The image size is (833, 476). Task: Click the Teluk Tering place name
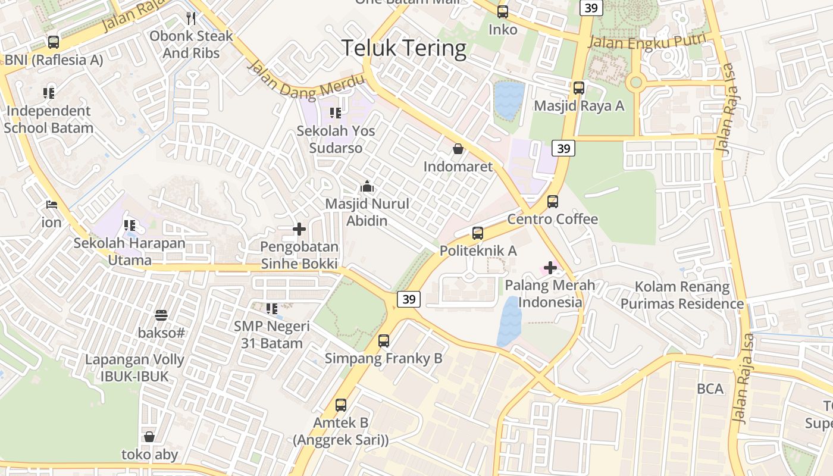coord(404,48)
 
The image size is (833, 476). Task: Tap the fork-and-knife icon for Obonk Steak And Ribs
coord(191,18)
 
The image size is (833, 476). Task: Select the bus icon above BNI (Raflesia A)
coord(54,42)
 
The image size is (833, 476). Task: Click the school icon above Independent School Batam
coord(49,93)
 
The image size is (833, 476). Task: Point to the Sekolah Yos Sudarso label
coord(336,139)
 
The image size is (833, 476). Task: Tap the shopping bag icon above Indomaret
coord(458,149)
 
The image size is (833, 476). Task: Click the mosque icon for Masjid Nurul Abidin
coord(367,187)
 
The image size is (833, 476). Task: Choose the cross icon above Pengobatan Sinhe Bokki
coord(299,229)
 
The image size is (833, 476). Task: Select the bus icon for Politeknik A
coord(478,233)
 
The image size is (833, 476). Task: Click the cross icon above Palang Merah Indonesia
coord(550,268)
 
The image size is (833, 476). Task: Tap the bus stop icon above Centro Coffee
coord(553,202)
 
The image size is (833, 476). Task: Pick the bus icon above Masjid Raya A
coord(579,88)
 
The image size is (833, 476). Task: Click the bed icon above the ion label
coord(52,205)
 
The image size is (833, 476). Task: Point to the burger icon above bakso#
coord(161,315)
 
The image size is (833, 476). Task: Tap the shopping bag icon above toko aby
coord(149,437)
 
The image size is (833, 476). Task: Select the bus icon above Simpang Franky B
coord(384,341)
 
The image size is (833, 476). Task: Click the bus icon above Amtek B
coord(341,405)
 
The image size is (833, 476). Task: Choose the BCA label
coord(710,389)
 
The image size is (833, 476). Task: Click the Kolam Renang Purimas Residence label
coord(682,295)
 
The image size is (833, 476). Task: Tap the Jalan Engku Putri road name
coord(647,42)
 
